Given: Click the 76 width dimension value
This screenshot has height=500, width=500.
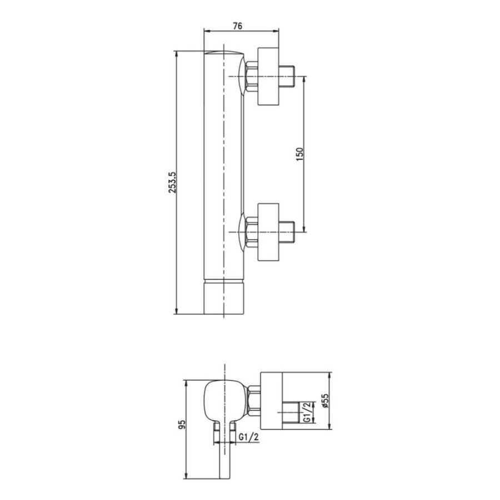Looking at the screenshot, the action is click(x=238, y=26).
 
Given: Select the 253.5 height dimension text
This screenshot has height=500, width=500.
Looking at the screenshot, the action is click(x=172, y=182).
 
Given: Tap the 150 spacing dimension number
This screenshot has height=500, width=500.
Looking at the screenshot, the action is click(x=300, y=154).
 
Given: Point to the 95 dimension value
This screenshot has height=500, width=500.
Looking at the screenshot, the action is click(x=182, y=424).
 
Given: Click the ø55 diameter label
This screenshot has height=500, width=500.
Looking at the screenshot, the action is click(x=325, y=401).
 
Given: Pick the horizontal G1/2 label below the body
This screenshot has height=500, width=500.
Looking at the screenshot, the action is click(x=248, y=438).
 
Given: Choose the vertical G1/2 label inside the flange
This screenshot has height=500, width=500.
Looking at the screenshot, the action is click(x=306, y=412).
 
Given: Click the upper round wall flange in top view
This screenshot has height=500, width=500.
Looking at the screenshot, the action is click(x=268, y=77).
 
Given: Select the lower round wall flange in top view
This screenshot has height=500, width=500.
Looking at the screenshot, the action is click(x=268, y=232).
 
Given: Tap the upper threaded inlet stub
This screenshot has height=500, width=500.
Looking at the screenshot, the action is click(x=287, y=77).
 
